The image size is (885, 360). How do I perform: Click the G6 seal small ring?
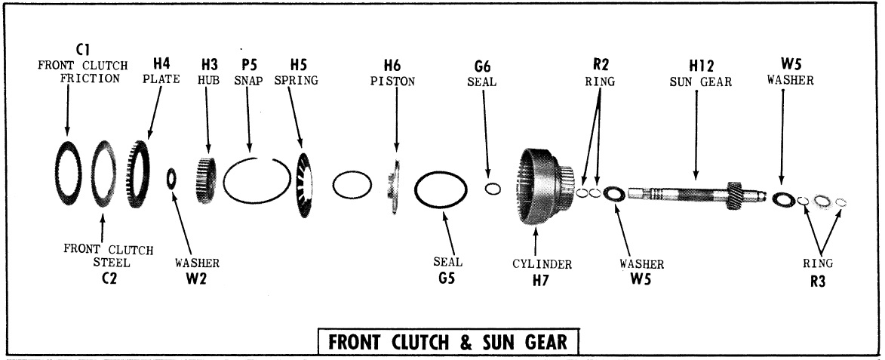pos(493,188)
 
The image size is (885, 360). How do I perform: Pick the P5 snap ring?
pos(257,186)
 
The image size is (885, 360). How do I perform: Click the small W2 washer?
pos(171,178)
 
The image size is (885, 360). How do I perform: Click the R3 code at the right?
pos(819,280)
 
